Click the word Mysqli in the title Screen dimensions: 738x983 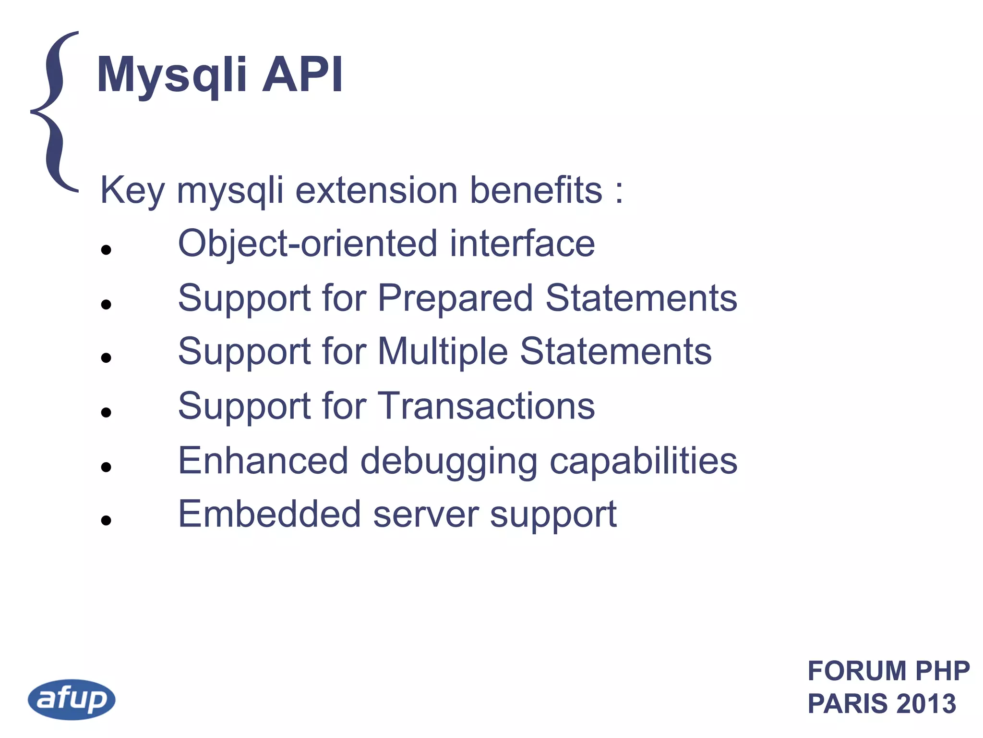point(172,75)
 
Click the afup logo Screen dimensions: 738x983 point(72,699)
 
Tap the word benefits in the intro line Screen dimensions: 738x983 point(536,190)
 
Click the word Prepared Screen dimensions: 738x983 point(455,298)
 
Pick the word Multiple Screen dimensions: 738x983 point(443,352)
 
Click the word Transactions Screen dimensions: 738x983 point(487,406)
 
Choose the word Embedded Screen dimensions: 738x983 point(269,514)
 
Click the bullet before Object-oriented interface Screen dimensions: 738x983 point(107,250)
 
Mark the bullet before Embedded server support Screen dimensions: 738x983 point(107,520)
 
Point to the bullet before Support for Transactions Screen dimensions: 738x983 point(107,412)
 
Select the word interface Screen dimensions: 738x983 point(522,244)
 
